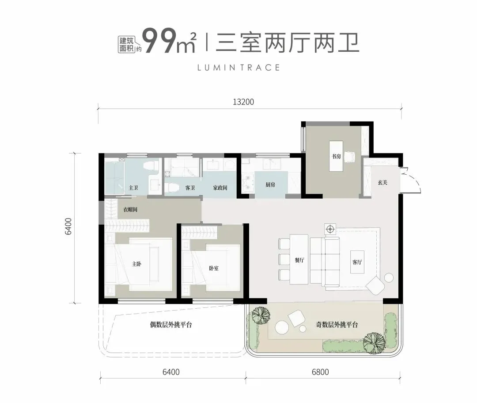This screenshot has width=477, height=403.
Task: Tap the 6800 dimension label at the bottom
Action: [x=320, y=372]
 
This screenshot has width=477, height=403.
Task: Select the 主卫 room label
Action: [x=133, y=188]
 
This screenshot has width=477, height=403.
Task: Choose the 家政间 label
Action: [x=220, y=188]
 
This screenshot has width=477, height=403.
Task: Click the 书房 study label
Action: [x=336, y=157]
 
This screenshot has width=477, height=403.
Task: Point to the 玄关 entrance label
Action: [x=382, y=182]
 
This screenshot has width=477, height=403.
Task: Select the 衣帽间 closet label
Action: [x=130, y=210]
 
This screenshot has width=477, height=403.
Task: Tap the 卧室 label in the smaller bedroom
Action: [x=214, y=268]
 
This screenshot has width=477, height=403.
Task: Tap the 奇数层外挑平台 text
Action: [x=336, y=325]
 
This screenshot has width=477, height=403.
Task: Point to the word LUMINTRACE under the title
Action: [x=239, y=68]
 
